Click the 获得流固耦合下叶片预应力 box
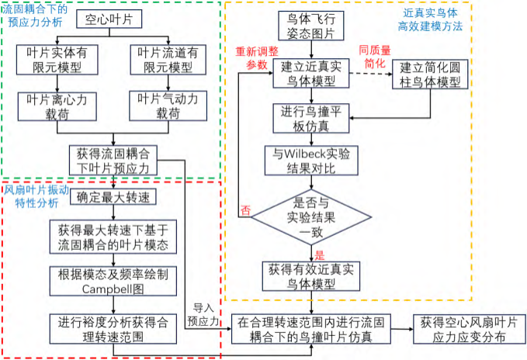(x=114, y=159)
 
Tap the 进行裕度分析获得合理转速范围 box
(x=114, y=327)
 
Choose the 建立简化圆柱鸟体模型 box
(x=428, y=74)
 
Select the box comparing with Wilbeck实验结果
(x=311, y=161)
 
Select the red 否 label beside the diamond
(x=246, y=209)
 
